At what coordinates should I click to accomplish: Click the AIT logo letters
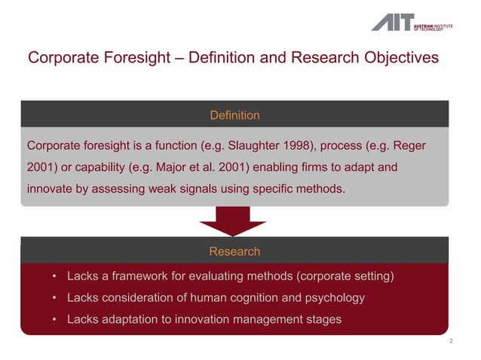pos(392,22)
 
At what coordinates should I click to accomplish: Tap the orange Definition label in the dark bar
pos(234,115)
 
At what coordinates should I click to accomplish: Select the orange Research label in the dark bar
pos(234,252)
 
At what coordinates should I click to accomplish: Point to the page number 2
pos(451,342)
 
